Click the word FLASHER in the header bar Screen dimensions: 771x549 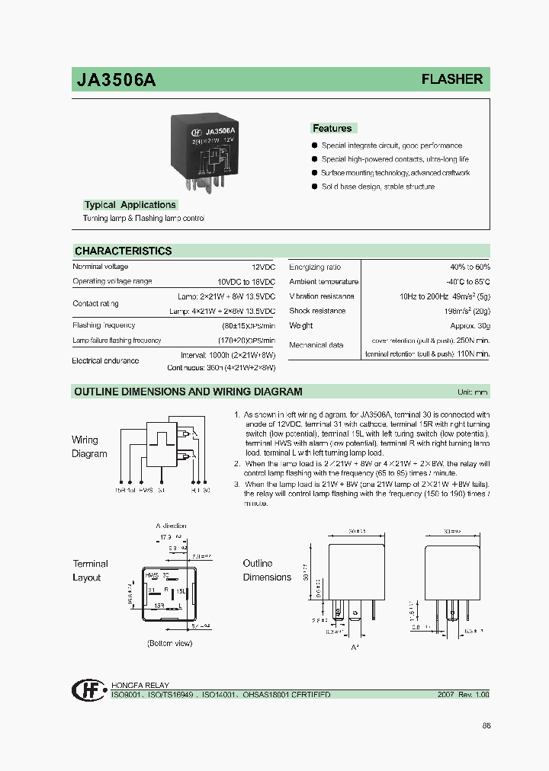[x=452, y=79]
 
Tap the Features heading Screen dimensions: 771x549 [x=332, y=129]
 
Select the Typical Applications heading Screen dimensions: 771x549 [x=130, y=205]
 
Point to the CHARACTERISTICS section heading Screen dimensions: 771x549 [x=123, y=251]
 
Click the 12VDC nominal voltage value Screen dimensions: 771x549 [x=264, y=267]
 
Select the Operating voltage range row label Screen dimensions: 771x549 [x=112, y=281]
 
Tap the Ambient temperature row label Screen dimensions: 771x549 [x=324, y=282]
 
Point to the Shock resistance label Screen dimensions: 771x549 [x=317, y=311]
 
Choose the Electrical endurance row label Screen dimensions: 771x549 [x=105, y=360]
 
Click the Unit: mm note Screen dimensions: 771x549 [x=473, y=392]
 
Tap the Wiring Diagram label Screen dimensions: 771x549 [x=89, y=446]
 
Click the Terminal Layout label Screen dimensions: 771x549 [x=90, y=571]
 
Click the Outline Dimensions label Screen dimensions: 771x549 [x=267, y=570]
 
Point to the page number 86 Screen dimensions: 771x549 [x=486, y=725]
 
